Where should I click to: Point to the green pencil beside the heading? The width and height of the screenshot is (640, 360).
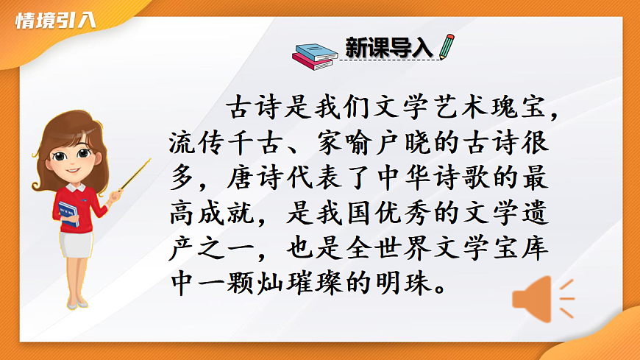[x=447, y=46]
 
